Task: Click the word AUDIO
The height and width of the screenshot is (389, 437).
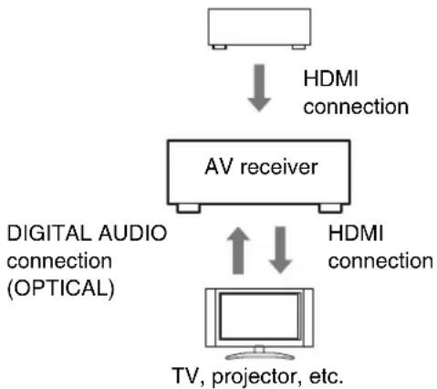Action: pos(133,235)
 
